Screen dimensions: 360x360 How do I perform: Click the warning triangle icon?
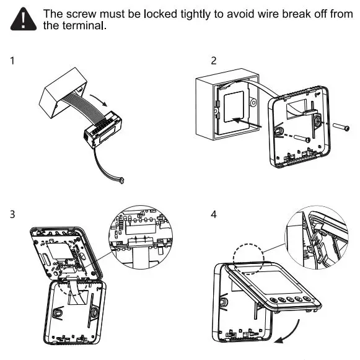24,21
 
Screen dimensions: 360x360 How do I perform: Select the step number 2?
214,61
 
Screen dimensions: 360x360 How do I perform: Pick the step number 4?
214,215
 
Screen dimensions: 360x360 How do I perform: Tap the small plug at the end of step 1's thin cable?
121,180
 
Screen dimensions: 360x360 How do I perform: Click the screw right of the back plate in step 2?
341,128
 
